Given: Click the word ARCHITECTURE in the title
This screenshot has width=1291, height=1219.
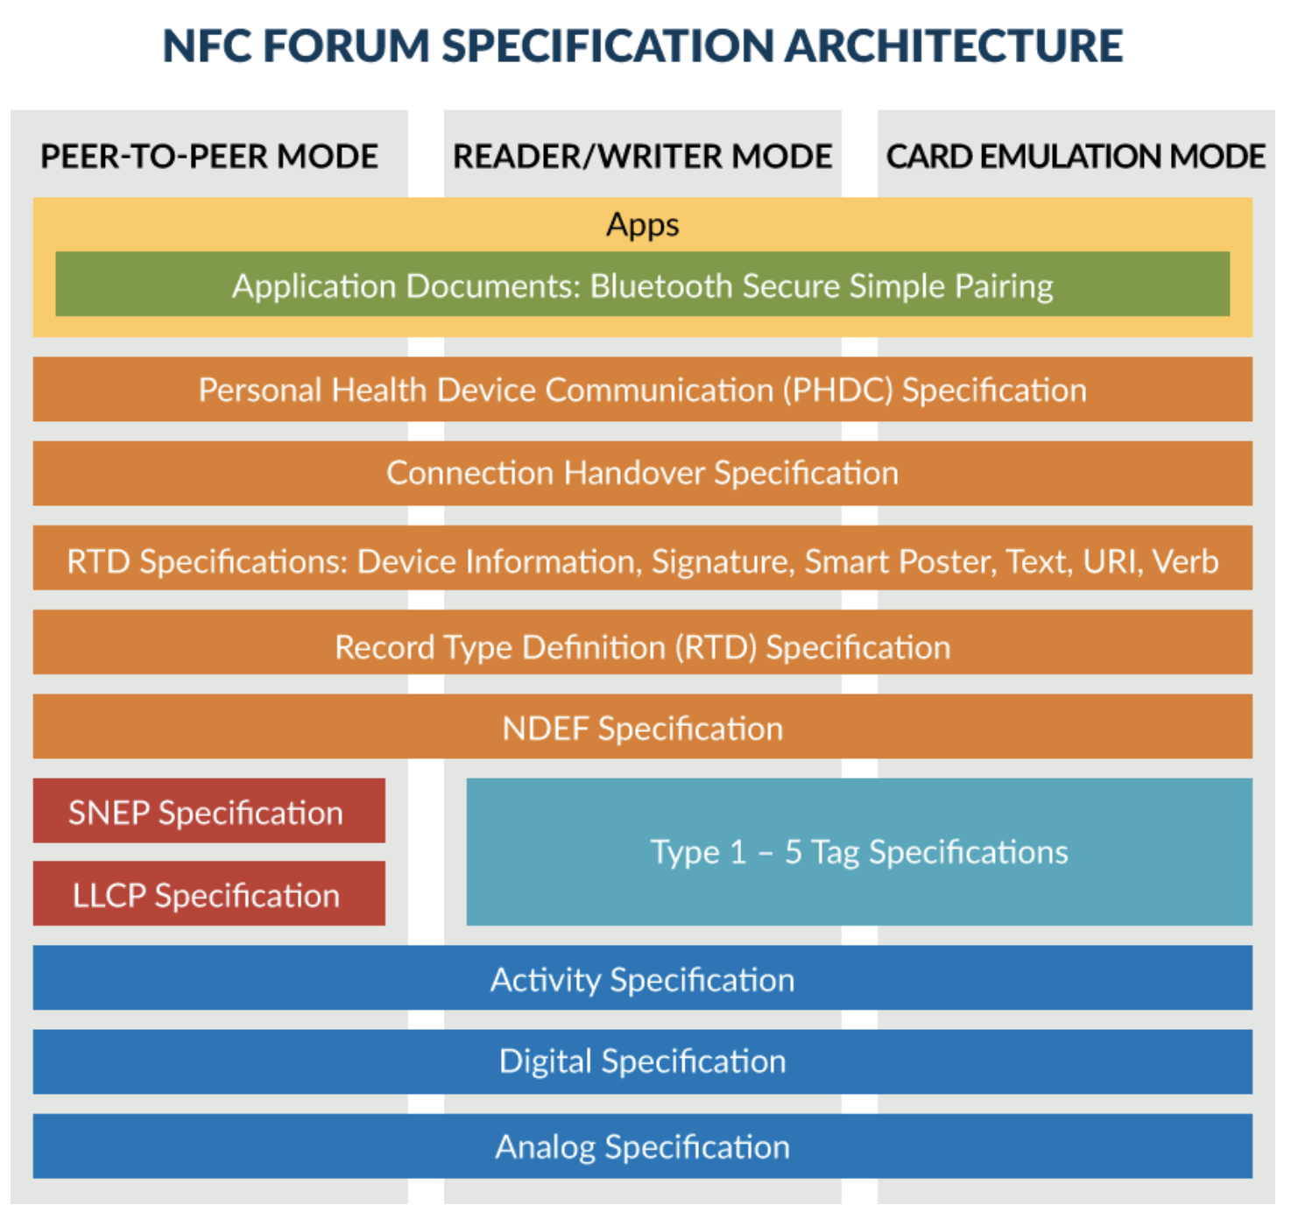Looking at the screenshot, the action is (x=954, y=46).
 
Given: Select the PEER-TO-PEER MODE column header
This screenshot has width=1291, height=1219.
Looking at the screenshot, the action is (x=208, y=156).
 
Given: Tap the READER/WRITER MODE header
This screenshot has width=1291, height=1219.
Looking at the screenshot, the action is (x=642, y=156).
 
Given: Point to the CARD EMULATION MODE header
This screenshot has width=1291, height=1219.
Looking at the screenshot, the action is (x=1076, y=156).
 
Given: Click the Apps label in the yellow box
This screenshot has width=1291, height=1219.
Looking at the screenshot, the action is (x=642, y=225).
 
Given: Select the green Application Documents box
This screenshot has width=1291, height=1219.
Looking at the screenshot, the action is (x=642, y=284).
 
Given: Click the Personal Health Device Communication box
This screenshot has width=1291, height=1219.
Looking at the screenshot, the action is (x=642, y=389).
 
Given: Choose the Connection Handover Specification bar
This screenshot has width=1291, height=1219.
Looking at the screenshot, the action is (x=642, y=473).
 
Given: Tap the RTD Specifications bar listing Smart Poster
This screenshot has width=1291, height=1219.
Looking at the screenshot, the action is (x=642, y=557).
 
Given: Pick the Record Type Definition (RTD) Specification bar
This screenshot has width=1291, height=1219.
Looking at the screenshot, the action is (x=642, y=642).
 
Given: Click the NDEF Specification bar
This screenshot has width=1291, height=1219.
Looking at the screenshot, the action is (x=642, y=726).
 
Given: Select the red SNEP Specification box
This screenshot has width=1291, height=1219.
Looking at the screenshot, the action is (x=208, y=810).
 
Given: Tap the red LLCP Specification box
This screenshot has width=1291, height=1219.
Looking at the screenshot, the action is (x=208, y=893).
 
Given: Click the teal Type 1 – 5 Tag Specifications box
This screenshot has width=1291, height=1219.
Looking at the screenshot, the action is (x=859, y=852).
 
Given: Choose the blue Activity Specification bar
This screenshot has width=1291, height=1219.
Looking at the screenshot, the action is (x=642, y=977).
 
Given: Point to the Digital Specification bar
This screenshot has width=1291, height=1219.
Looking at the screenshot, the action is (x=642, y=1061).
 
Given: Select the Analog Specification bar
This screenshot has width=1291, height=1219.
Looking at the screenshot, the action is (x=642, y=1146).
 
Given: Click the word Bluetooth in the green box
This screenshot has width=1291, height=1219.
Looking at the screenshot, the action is (x=661, y=285).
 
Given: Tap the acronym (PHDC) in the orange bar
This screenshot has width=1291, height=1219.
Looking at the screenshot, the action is (x=838, y=390).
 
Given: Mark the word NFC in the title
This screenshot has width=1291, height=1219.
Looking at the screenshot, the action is (x=207, y=46).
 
